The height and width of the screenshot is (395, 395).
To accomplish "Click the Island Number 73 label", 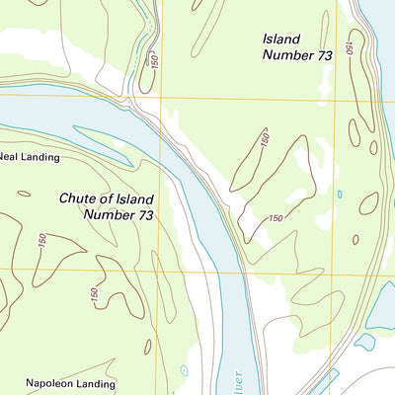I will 296,46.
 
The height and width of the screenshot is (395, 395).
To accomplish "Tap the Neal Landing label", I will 30,157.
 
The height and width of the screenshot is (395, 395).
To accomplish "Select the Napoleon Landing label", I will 70,383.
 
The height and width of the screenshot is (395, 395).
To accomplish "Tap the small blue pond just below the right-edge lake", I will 364,342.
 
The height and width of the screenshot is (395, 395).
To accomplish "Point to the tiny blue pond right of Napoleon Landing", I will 184,371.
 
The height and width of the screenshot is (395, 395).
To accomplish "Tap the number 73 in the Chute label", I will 145,214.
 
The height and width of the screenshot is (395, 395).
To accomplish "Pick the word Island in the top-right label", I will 281,39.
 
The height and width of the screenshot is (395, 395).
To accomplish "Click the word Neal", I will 10,157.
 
